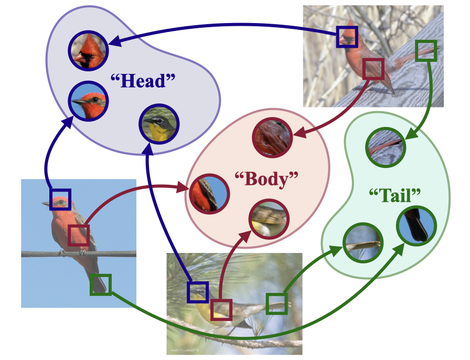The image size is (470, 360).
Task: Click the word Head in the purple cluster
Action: coord(143,81)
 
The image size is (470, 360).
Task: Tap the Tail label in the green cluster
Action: coord(395,196)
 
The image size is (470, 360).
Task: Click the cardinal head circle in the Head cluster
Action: coord(88,51)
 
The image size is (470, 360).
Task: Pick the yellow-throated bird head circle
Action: coord(159,124)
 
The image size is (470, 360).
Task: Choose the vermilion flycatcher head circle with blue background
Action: coord(88,101)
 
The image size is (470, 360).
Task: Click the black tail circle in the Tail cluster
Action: coord(416,226)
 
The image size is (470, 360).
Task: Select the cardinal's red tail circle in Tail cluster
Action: coord(386,147)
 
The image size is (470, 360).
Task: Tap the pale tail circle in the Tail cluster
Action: coord(363,242)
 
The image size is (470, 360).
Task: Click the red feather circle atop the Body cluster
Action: coord(272,137)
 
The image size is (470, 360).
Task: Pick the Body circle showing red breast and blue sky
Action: coord(209,194)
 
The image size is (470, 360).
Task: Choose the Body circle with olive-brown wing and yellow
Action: coord(269,219)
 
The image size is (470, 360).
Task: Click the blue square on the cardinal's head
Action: coord(347,37)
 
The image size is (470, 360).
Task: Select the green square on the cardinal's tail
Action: coord(425,51)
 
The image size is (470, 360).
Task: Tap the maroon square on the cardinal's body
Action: coord(373,69)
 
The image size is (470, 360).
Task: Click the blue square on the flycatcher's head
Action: coord(60,199)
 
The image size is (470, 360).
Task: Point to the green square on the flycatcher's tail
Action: coord(101,285)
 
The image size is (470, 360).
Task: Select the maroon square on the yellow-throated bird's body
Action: coord(221,310)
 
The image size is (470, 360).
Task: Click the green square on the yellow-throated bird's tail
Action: coord(276,304)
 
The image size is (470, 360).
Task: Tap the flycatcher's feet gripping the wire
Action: coord(72,252)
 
